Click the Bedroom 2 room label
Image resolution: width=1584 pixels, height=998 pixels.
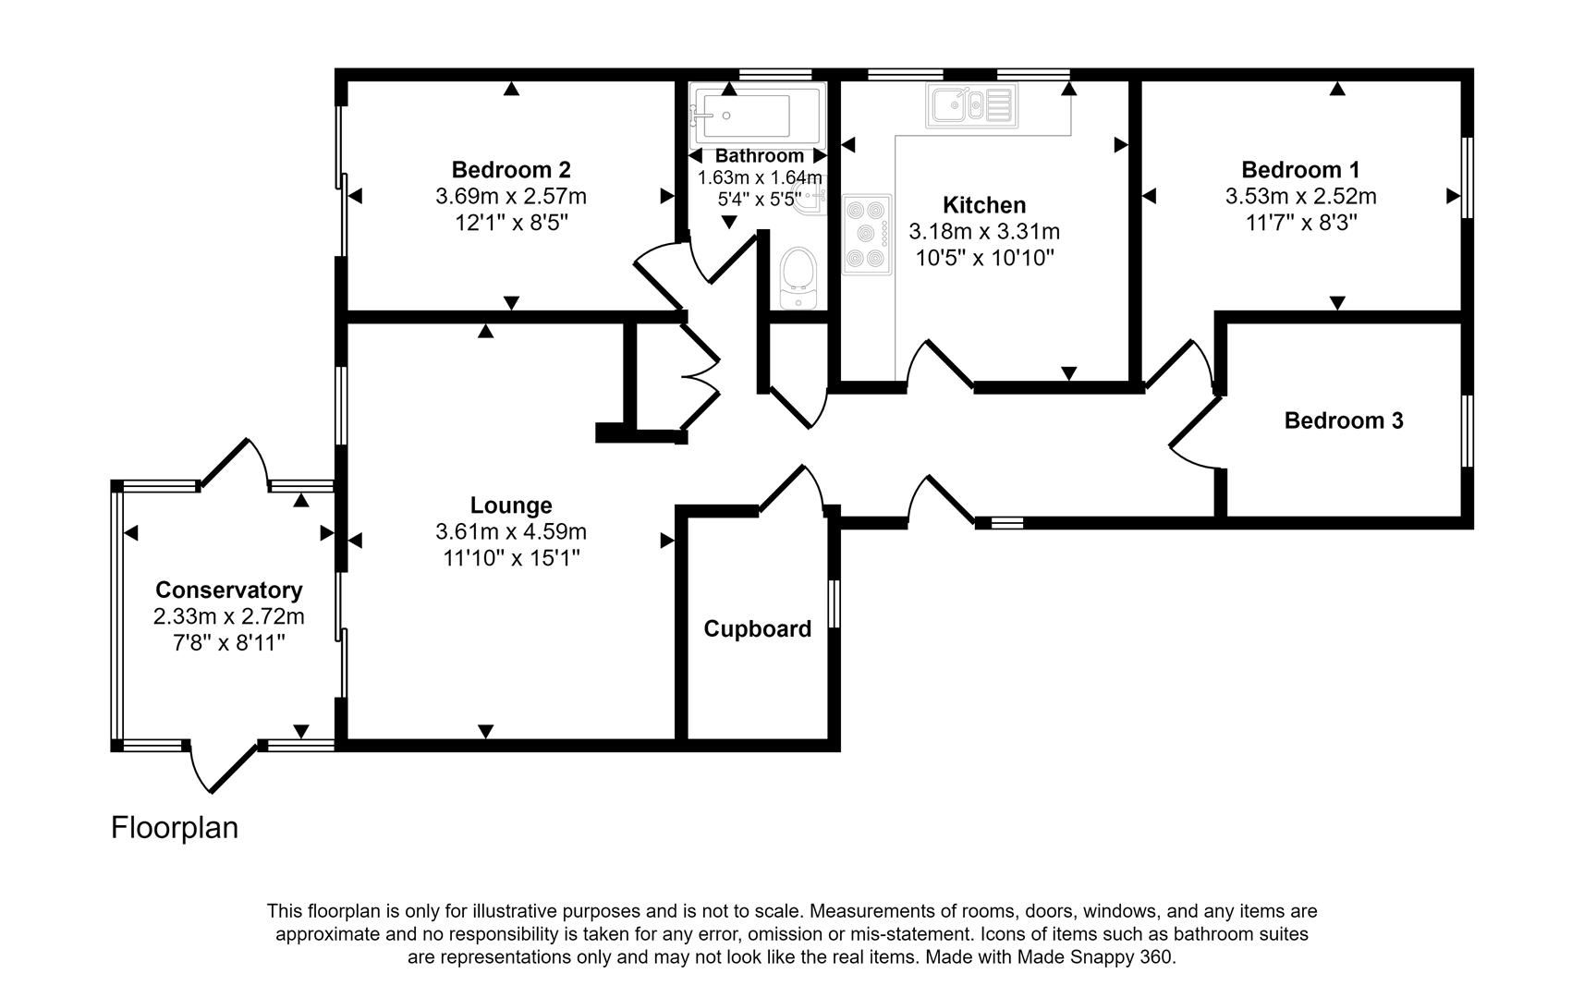(x=510, y=170)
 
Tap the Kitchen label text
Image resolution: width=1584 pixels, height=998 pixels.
(x=983, y=205)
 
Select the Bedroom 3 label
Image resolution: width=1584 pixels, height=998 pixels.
(x=1343, y=421)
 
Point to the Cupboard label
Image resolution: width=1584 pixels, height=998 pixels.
(x=757, y=629)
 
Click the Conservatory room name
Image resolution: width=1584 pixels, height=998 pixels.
(x=228, y=590)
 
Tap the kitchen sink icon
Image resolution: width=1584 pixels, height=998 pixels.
(x=971, y=105)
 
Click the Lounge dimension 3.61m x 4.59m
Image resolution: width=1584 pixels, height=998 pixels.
(x=510, y=532)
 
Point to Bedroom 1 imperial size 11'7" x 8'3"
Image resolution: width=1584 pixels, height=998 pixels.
(x=1300, y=223)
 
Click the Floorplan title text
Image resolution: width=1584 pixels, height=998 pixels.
(x=175, y=827)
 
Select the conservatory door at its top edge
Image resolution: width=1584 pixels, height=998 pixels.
(x=233, y=462)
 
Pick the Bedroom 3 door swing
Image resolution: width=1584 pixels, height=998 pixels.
(x=1194, y=434)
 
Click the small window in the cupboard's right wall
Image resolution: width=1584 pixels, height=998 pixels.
(x=834, y=604)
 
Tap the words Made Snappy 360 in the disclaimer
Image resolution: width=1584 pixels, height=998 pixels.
(x=1094, y=957)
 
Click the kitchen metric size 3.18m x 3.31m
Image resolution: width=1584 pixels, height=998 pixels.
(x=983, y=232)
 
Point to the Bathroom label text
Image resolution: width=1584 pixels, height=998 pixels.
(x=759, y=156)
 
